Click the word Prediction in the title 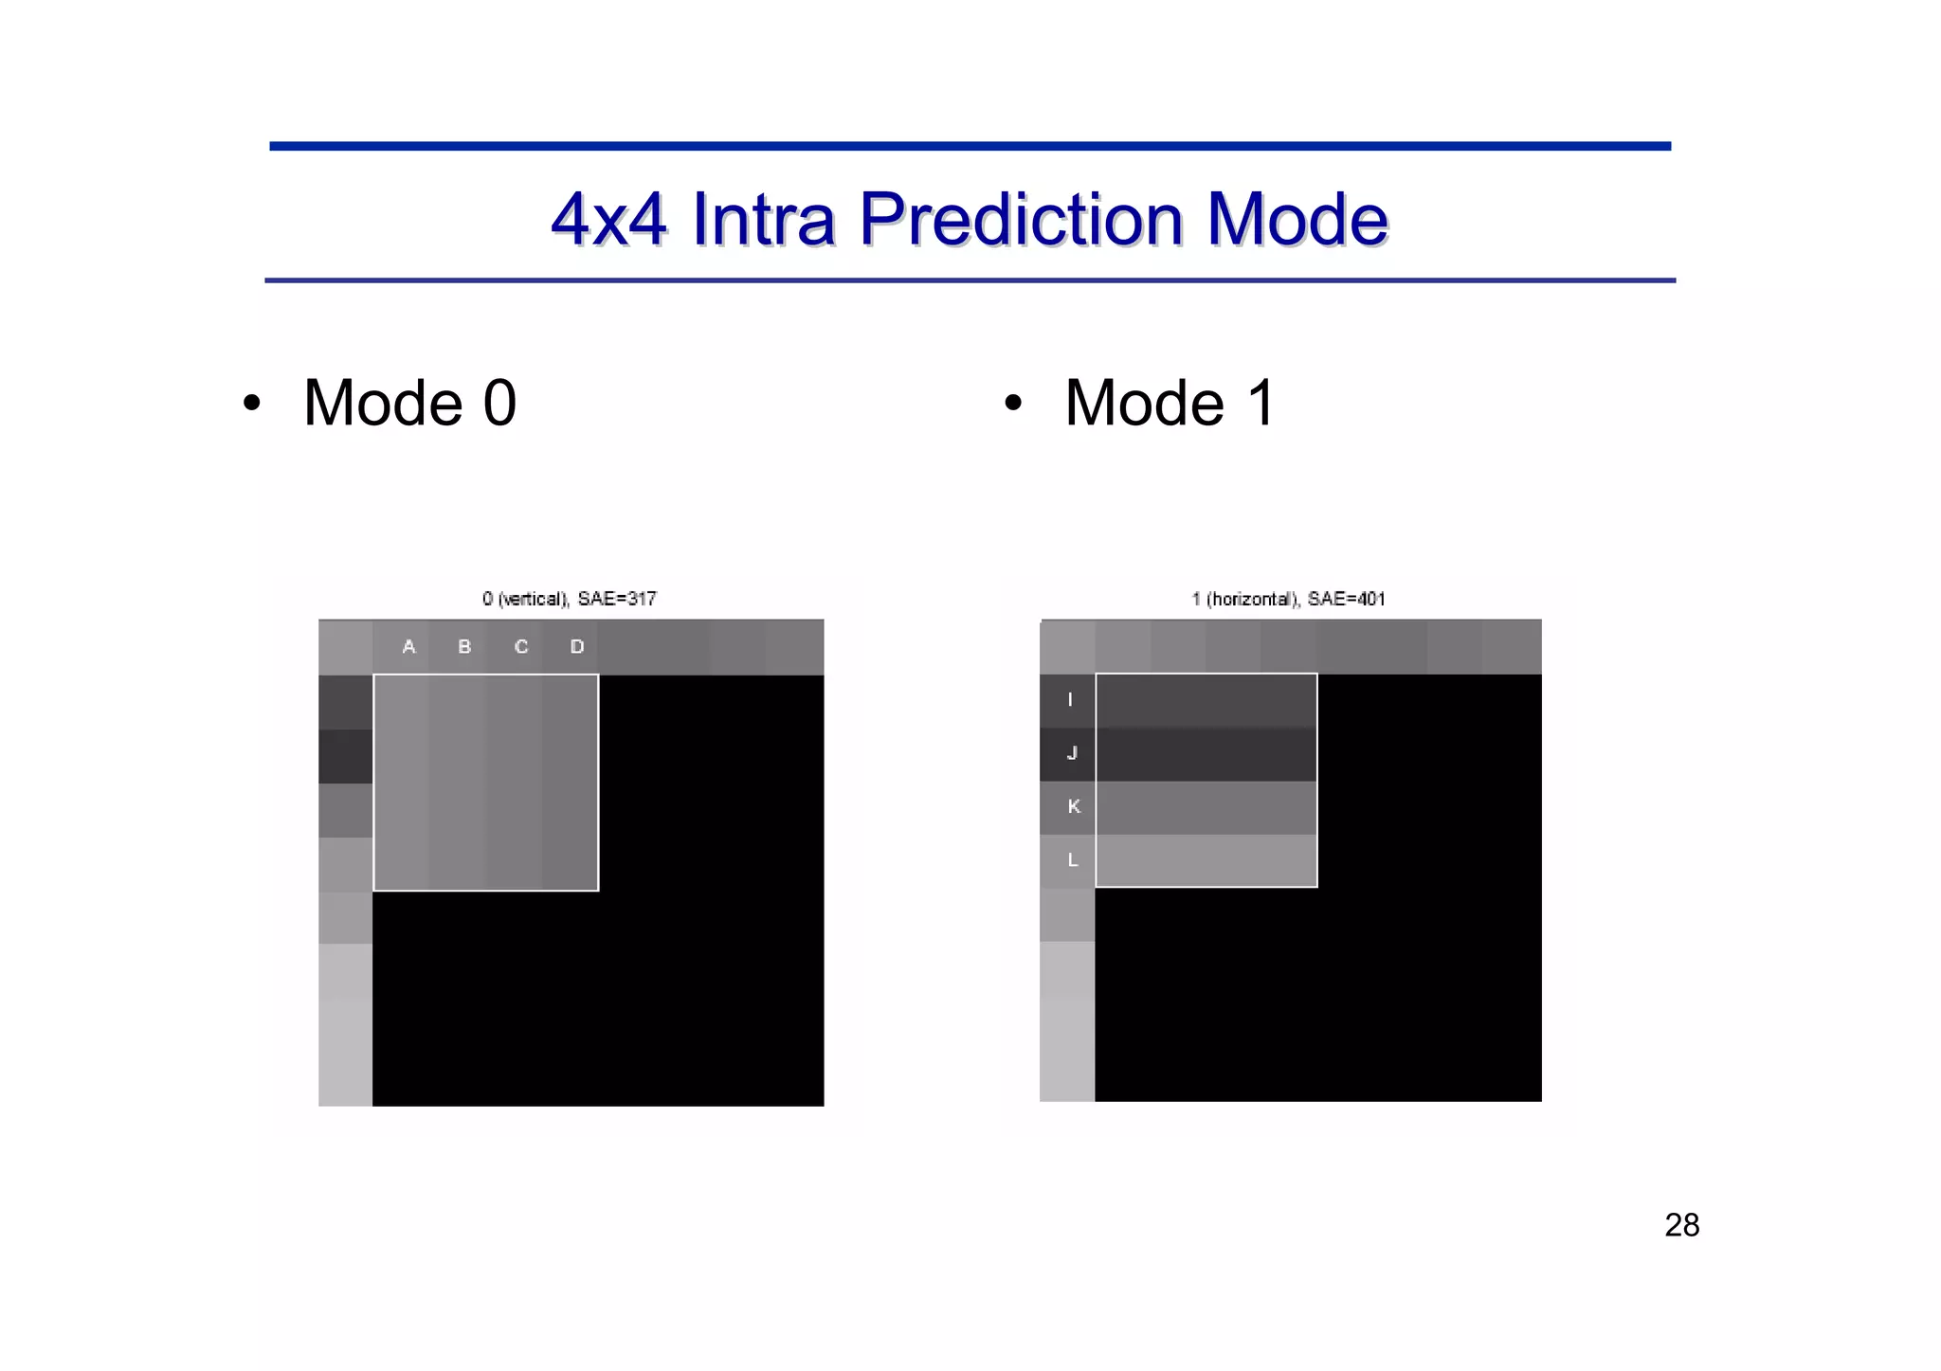(1021, 220)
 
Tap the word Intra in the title (763, 220)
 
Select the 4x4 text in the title (608, 220)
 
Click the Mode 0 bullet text (409, 403)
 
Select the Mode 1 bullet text (1170, 403)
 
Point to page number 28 (1681, 1225)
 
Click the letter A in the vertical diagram (408, 646)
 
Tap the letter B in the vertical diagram (464, 646)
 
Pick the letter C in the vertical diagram (521, 646)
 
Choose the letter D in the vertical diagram (577, 646)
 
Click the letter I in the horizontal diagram (1070, 699)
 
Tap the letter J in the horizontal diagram (1072, 753)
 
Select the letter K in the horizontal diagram (1073, 806)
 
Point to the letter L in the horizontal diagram (1073, 860)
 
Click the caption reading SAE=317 (617, 599)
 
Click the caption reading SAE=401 (1346, 599)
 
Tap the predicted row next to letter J (1206, 754)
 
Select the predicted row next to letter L (1206, 860)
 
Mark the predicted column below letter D (570, 783)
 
